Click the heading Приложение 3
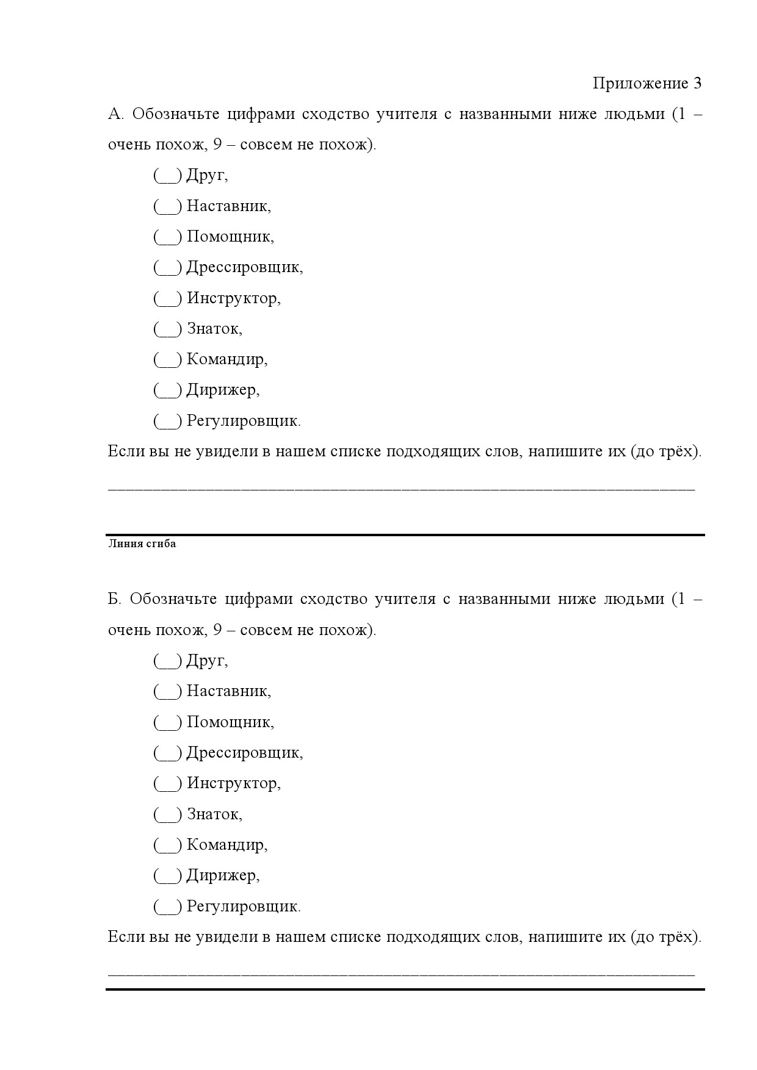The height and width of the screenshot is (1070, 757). (x=647, y=83)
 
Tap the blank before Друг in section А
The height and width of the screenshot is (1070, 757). (x=167, y=176)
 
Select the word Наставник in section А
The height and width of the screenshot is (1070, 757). (x=228, y=206)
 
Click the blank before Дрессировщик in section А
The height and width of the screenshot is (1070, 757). (x=167, y=268)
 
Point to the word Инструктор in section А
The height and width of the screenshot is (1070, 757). (x=233, y=298)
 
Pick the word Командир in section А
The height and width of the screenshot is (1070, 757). (x=226, y=359)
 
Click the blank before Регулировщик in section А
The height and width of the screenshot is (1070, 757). (x=167, y=421)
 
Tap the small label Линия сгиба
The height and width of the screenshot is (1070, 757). (x=142, y=544)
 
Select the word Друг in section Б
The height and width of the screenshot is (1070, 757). (x=207, y=661)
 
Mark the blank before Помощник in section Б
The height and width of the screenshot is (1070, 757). (x=167, y=722)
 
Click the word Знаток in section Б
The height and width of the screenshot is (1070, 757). (x=214, y=814)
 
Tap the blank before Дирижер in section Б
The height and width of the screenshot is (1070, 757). (x=167, y=876)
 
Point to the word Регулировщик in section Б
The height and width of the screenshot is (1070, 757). (x=244, y=907)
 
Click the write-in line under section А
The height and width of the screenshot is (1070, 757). (x=401, y=488)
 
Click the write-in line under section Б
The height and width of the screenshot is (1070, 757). (x=401, y=973)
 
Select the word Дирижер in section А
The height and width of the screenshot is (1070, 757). (x=223, y=390)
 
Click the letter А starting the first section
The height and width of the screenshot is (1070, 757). (x=115, y=114)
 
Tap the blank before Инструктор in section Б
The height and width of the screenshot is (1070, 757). (x=167, y=783)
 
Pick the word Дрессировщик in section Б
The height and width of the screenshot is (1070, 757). (x=244, y=753)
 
